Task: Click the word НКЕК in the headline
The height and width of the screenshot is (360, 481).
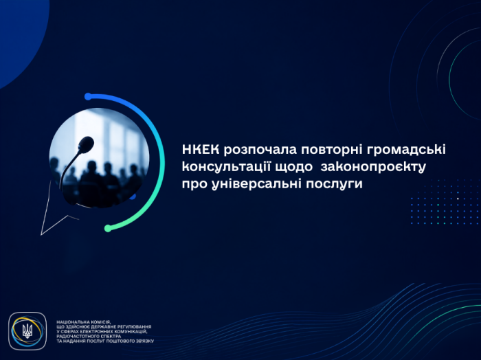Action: click(201, 150)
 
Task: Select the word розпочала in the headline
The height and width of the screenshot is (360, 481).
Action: click(260, 150)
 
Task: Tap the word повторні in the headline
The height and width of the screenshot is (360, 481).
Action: click(333, 150)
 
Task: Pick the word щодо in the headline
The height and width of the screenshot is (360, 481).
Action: click(294, 168)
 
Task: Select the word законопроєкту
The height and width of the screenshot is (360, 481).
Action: click(373, 168)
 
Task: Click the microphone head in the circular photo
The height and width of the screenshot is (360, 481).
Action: click(86, 144)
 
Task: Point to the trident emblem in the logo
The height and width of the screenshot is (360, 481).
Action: click(27, 331)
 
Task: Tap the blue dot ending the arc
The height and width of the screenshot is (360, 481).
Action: click(88, 97)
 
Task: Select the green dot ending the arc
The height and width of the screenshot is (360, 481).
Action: click(108, 228)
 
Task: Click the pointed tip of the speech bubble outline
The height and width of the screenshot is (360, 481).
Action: click(41, 235)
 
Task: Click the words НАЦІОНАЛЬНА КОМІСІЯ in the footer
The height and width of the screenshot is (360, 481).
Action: click(83, 322)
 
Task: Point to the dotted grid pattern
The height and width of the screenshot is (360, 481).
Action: click(445, 202)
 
